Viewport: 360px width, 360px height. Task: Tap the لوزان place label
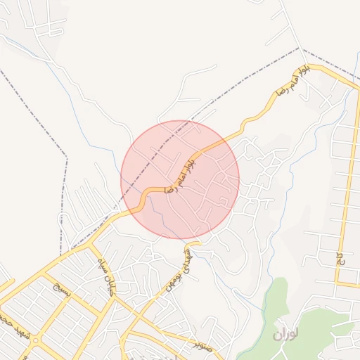(287, 335)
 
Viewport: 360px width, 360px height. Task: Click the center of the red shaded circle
(180, 179)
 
